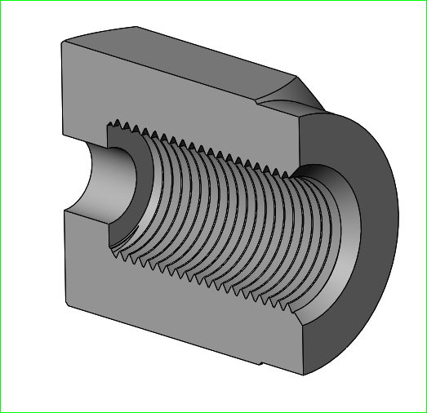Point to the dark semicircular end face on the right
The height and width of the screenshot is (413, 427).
[371, 245]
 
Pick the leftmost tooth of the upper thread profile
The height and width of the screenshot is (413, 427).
[112, 124]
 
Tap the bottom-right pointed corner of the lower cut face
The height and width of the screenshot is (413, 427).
[303, 375]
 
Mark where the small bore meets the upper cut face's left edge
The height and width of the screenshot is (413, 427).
[64, 144]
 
